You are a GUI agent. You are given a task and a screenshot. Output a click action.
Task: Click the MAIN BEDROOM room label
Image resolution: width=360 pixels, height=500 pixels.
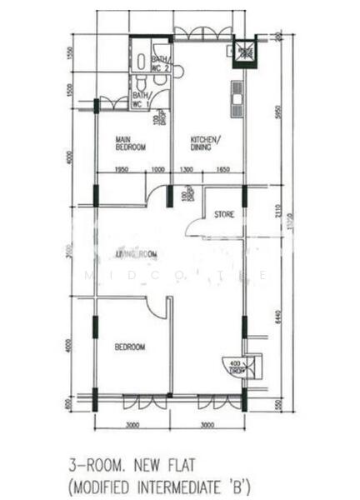point(131,142)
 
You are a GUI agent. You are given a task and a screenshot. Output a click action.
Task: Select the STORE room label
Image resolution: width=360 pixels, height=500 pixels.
point(224,214)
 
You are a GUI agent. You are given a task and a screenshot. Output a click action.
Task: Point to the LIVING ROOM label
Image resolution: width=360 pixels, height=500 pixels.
point(137,254)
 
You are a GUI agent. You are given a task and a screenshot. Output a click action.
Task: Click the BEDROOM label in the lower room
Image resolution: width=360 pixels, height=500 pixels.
point(130,346)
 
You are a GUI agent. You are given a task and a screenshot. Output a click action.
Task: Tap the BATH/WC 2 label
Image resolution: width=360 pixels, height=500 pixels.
point(161,63)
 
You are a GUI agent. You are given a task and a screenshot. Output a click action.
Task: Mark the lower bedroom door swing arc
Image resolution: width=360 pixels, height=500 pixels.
point(157,307)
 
